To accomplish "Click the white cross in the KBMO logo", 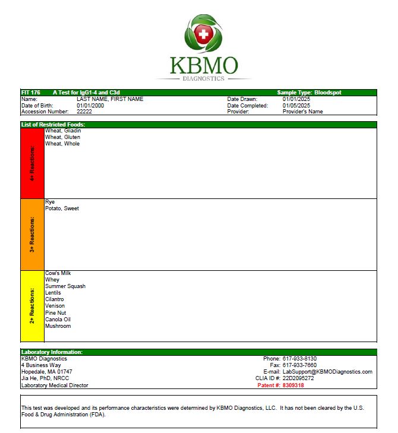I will click(203, 34).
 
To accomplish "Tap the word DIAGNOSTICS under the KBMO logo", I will click(203, 78).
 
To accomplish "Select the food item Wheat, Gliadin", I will click(63, 131).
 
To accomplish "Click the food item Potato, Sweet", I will click(62, 208).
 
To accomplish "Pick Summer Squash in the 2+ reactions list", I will click(65, 286).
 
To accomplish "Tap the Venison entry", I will click(56, 306).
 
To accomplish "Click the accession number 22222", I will click(84, 112).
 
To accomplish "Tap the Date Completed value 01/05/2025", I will click(296, 105).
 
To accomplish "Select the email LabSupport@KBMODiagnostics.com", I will click(327, 372).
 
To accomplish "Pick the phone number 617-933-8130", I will click(299, 359).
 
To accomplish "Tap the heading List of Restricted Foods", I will click(53, 124).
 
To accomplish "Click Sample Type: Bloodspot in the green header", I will click(309, 93).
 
